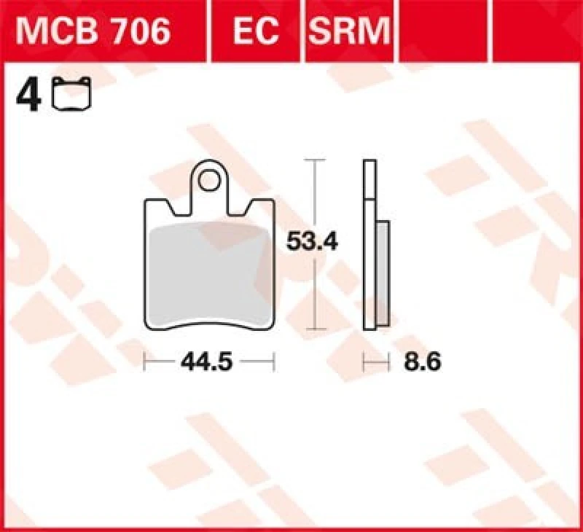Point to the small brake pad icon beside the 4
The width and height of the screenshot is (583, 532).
point(73,96)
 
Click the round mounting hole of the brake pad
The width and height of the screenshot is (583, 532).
point(211,180)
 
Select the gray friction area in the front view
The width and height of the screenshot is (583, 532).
point(208,270)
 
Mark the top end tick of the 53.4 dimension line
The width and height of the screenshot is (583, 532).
point(313,160)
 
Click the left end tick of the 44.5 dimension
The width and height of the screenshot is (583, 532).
point(146,361)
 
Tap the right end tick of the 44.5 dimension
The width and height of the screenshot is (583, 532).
point(274,361)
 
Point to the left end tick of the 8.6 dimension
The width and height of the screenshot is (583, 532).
point(364,361)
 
